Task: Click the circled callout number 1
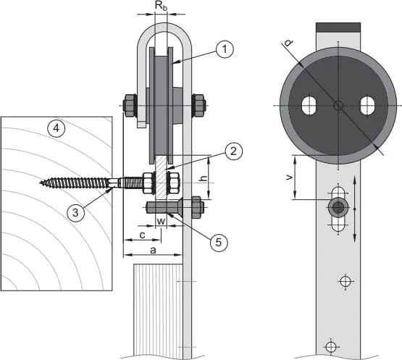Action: pyautogui.click(x=225, y=49)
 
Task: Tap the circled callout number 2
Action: pyautogui.click(x=233, y=151)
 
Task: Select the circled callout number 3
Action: pyautogui.click(x=75, y=212)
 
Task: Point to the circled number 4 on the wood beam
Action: pyautogui.click(x=56, y=128)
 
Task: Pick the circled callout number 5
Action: pyautogui.click(x=219, y=242)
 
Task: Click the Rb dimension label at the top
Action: pyautogui.click(x=162, y=6)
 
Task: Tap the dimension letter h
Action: pyautogui.click(x=204, y=178)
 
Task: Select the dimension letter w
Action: pyautogui.click(x=161, y=221)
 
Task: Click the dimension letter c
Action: pyautogui.click(x=142, y=235)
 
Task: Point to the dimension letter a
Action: pyautogui.click(x=153, y=250)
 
